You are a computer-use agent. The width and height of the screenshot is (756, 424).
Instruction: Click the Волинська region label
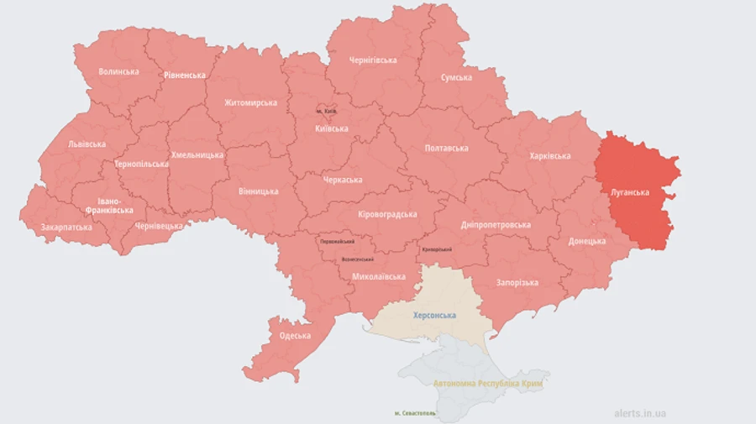(x=118, y=71)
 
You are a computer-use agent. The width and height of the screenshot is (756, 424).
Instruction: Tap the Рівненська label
(x=185, y=75)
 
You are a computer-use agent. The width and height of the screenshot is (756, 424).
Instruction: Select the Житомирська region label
(x=250, y=102)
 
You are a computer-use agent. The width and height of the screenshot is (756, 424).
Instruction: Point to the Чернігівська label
(x=373, y=60)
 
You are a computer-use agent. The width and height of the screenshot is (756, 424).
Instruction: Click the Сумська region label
(x=456, y=77)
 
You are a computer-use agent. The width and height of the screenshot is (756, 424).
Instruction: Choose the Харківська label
(x=550, y=155)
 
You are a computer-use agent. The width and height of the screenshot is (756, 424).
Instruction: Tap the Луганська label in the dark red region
(x=629, y=192)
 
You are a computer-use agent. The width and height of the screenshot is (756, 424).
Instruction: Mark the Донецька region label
(x=586, y=241)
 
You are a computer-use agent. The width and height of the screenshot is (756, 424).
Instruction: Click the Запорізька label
(x=517, y=282)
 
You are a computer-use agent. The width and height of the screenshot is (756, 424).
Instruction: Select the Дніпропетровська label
(x=496, y=225)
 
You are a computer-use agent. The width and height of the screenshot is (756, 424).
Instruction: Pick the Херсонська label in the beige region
(x=434, y=315)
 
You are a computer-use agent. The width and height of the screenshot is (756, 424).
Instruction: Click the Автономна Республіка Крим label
(x=487, y=383)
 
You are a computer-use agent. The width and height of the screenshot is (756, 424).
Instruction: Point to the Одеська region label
(x=295, y=336)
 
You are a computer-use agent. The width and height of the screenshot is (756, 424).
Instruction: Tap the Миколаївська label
(x=379, y=276)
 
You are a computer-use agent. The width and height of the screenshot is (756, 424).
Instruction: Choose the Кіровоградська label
(x=387, y=214)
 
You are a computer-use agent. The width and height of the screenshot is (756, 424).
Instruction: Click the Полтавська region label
(x=446, y=148)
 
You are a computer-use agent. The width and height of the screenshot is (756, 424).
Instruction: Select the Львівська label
(x=87, y=144)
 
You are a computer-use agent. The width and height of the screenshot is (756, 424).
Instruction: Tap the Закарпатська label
(x=66, y=227)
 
